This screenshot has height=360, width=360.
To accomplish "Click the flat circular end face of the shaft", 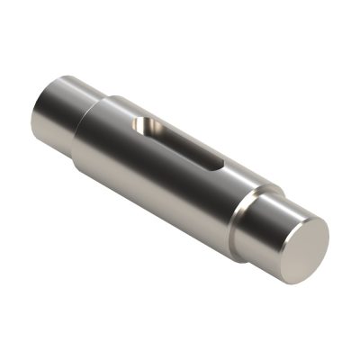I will pyautogui.click(x=300, y=245).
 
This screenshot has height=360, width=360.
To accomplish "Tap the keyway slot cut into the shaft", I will pyautogui.click(x=180, y=142).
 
